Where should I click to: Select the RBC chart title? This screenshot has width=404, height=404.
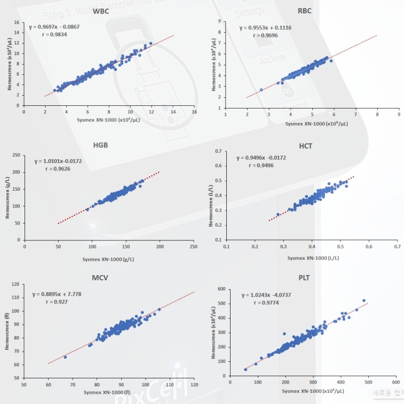click(x=305, y=11)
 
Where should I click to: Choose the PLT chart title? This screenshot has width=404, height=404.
click(x=304, y=278)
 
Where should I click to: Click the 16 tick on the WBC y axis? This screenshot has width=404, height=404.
click(x=17, y=23)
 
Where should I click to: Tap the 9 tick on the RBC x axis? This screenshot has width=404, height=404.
click(x=399, y=114)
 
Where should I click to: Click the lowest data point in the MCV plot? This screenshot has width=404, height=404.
click(x=65, y=357)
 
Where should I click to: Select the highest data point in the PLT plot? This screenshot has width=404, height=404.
click(x=364, y=300)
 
